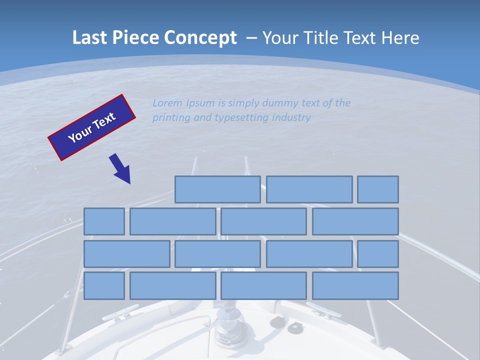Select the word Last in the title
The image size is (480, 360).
90,38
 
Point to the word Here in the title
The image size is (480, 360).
400,38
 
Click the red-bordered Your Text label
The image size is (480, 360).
91,127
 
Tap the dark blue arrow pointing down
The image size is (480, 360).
120,168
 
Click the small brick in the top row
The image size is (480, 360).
378,189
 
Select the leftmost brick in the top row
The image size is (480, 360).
217,189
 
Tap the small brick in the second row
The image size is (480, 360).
104,221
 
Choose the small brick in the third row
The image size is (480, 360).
378,254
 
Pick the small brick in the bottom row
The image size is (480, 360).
104,286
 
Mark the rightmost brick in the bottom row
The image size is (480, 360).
355,286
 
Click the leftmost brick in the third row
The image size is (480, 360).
126,254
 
